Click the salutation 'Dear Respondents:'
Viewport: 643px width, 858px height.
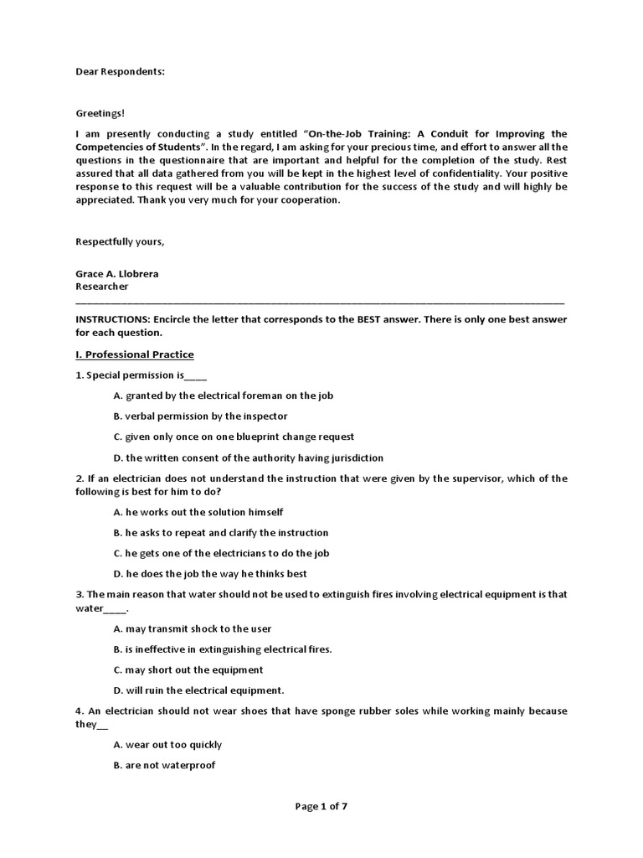tap(120, 71)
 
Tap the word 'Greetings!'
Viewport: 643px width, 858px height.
tap(100, 113)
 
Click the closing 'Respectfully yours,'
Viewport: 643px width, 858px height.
tap(120, 242)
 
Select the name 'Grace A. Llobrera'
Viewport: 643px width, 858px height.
tap(117, 273)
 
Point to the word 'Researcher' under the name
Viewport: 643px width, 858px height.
tap(102, 286)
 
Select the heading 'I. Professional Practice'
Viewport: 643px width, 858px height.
tap(135, 354)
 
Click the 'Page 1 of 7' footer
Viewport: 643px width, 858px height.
tap(321, 806)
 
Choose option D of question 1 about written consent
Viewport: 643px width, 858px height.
tap(248, 457)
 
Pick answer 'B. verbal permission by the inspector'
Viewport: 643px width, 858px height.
tap(200, 416)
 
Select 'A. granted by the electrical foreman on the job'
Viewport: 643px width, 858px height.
tap(223, 395)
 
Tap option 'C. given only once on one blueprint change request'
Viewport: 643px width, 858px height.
tap(234, 437)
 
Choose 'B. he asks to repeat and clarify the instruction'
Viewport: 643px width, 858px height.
tap(220, 533)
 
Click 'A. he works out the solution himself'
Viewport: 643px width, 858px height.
tap(198, 512)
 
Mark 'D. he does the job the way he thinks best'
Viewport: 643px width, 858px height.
tap(210, 574)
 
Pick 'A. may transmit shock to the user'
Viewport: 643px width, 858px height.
tap(192, 628)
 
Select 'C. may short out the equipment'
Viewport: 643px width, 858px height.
tap(188, 669)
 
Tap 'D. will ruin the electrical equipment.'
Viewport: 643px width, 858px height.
tap(199, 690)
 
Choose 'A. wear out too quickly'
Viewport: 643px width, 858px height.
tap(167, 745)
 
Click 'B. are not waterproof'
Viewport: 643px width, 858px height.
tap(164, 765)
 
